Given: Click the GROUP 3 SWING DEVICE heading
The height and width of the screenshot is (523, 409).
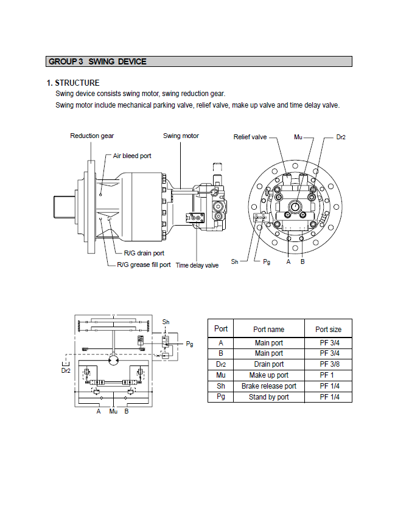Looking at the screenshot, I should tap(97, 61).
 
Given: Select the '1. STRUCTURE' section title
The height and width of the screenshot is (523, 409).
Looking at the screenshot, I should tap(73, 83).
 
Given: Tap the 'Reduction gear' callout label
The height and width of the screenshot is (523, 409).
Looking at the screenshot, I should tap(92, 136).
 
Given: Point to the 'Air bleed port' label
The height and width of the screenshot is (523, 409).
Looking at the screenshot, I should tap(132, 156).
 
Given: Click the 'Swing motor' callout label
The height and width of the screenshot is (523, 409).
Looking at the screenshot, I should tap(181, 136).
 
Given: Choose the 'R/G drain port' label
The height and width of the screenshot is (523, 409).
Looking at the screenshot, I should tap(144, 252).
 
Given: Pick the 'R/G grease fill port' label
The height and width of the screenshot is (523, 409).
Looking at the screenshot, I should tap(144, 265).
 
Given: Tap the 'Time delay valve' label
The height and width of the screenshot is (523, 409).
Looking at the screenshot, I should tap(197, 265).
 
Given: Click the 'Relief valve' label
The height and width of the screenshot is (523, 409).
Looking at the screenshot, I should tap(250, 137).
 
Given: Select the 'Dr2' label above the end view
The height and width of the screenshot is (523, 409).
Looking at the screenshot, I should tap(341, 137).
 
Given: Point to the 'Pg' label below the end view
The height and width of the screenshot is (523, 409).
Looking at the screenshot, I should tap(267, 261).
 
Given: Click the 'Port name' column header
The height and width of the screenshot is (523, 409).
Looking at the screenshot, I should tap(268, 329).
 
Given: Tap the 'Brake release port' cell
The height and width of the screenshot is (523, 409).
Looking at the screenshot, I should tap(268, 386).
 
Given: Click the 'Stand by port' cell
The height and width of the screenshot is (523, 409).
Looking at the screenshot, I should tap(268, 397).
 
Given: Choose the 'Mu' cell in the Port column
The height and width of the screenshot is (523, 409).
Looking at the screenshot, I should tap(221, 375).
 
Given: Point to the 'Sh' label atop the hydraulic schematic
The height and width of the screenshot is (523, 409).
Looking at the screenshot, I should tap(166, 321).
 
